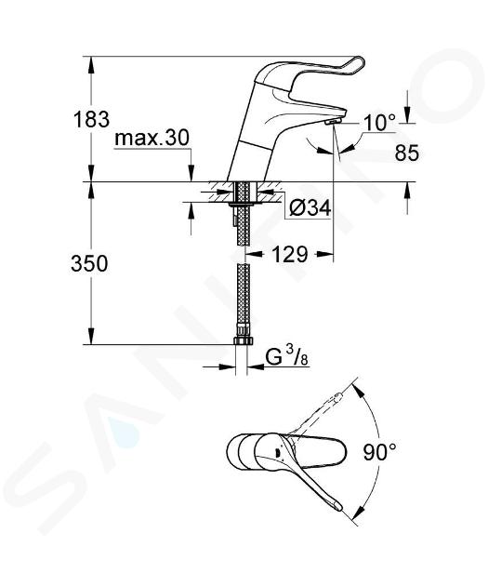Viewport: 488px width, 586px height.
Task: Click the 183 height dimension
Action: [91, 120]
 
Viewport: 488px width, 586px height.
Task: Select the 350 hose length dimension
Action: [89, 263]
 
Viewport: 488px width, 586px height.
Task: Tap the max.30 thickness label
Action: [152, 139]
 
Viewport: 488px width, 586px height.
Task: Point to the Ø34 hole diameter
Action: [310, 207]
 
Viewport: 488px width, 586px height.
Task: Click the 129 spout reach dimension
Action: [289, 255]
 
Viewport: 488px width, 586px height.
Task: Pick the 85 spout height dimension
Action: [407, 153]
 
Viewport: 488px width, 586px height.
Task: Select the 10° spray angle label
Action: [379, 122]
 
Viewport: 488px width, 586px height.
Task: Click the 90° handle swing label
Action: [380, 452]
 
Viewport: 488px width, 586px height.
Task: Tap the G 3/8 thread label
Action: [286, 358]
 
